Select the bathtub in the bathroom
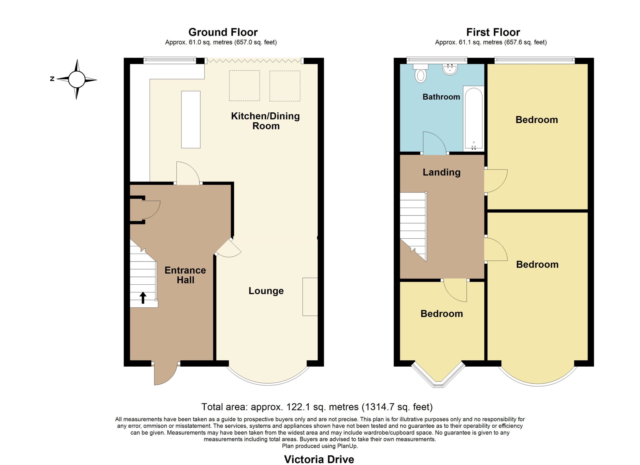coord(473,119)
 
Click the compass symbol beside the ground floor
coord(76,79)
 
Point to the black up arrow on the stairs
coord(143,298)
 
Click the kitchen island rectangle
coord(191,119)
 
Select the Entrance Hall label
coord(185,275)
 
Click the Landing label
coord(441,172)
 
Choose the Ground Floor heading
coord(223,32)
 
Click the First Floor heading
coord(493,32)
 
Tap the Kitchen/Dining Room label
coord(265,121)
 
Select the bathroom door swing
coord(434,143)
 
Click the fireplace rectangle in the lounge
coord(310,297)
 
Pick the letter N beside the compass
coord(52,79)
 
